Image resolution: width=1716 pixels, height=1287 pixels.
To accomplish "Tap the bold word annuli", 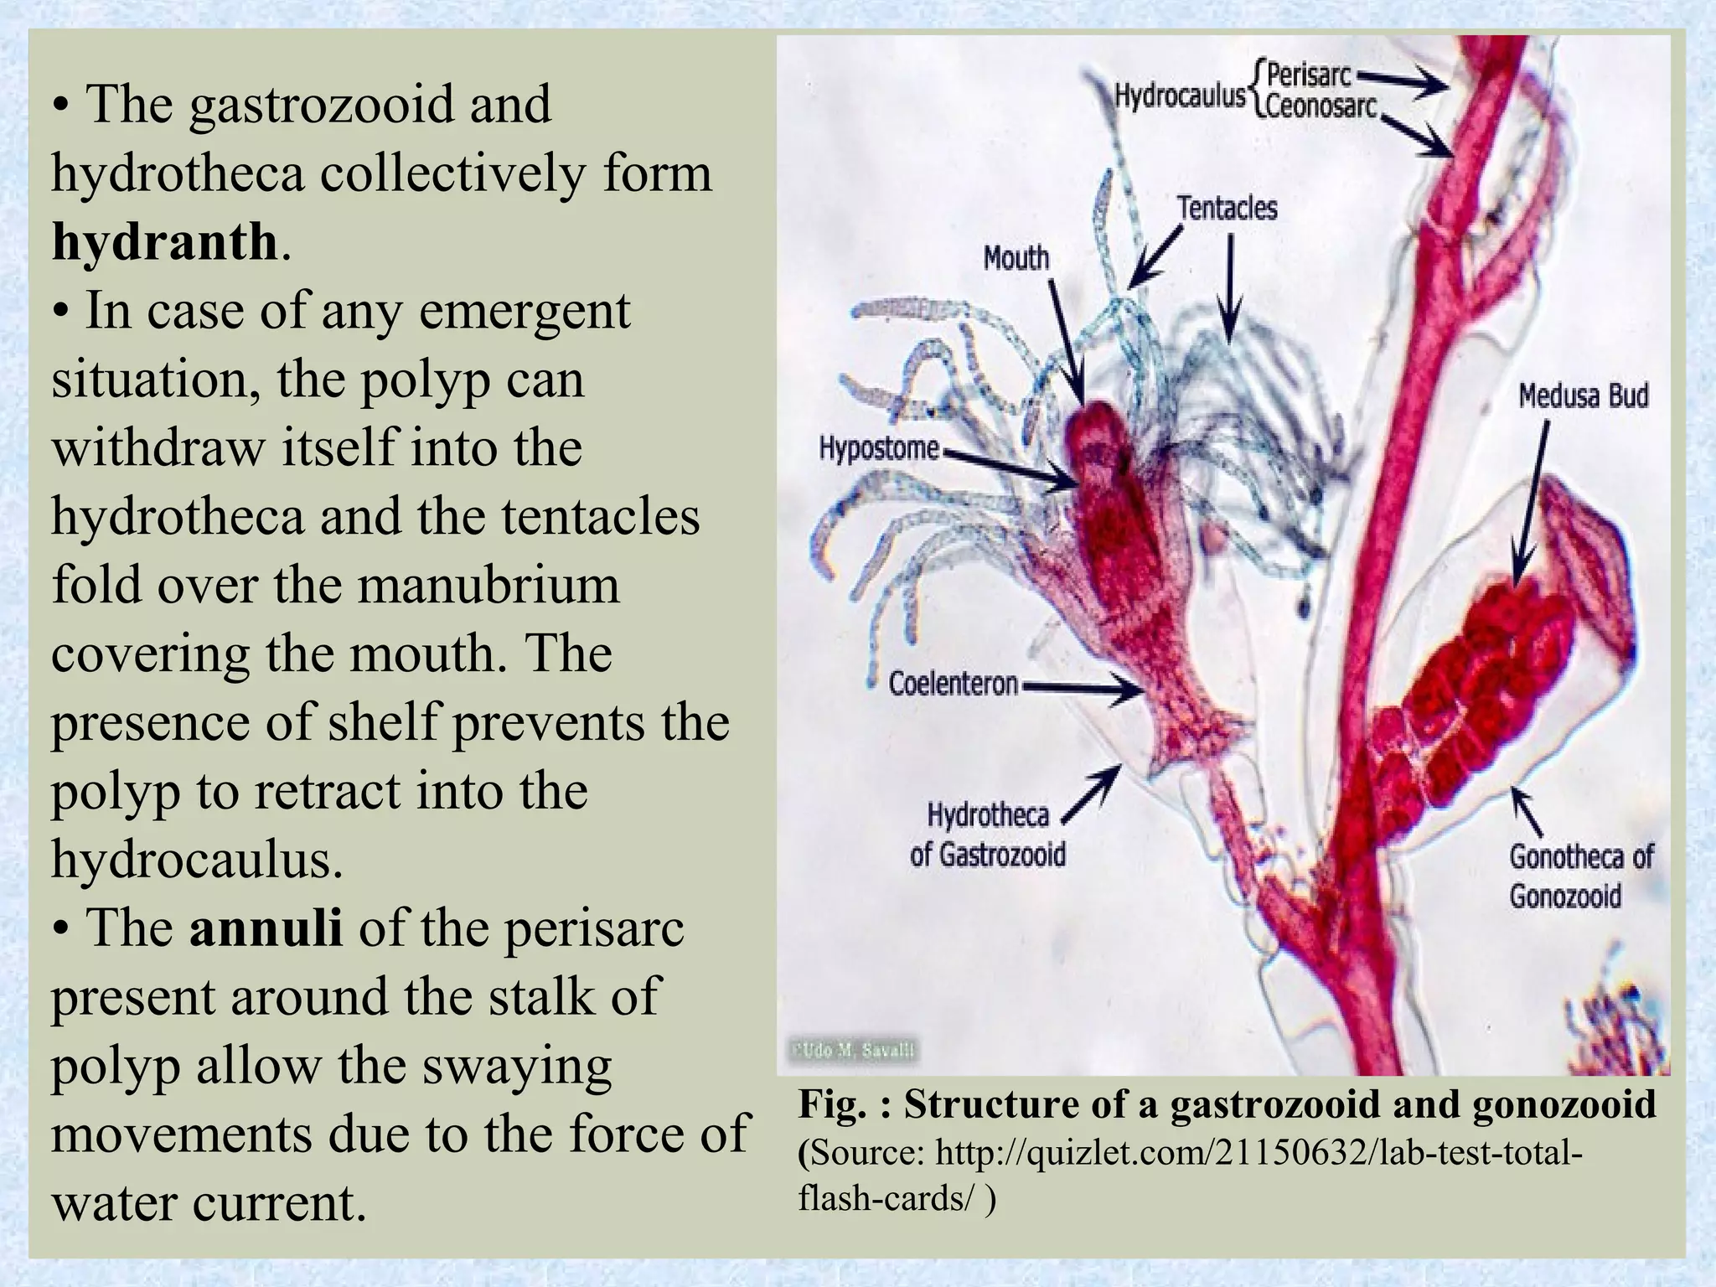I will [x=266, y=928].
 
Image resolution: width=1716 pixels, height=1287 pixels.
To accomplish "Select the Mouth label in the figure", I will [x=1016, y=257].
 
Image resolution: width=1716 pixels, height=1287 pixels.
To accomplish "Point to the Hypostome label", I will [x=879, y=448].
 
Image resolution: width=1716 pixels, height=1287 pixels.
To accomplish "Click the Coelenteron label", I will [x=954, y=685].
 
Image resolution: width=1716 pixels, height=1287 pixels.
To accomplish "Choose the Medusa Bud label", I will [x=1584, y=395].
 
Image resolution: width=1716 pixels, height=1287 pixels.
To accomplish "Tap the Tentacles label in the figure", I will [x=1228, y=208].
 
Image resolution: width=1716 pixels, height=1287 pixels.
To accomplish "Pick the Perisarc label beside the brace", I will [x=1309, y=76].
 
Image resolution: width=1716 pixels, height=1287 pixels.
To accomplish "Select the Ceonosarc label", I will [x=1322, y=108].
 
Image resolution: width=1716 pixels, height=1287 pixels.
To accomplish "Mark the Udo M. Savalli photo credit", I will [x=853, y=1051].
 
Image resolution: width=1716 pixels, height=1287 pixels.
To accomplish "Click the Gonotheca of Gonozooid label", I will [x=1581, y=876].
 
